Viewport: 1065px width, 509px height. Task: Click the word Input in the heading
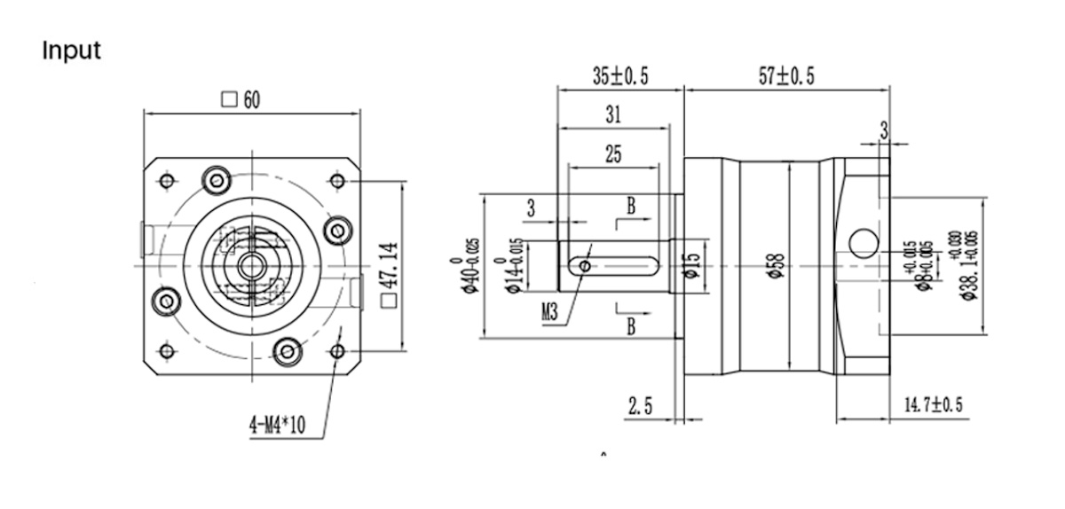[x=72, y=51]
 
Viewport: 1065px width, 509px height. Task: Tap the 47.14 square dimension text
[x=388, y=276]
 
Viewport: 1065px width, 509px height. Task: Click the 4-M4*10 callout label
[x=276, y=426]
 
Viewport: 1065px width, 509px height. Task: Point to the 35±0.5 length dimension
[x=620, y=76]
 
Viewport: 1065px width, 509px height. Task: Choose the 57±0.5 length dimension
[x=786, y=76]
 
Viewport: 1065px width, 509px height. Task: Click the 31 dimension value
[x=613, y=114]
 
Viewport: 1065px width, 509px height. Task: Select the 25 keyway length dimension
[x=613, y=154]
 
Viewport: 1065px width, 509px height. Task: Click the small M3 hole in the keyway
[x=583, y=264]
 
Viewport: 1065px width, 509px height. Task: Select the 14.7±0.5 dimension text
[x=933, y=405]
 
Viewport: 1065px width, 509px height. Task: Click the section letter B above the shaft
[x=631, y=207]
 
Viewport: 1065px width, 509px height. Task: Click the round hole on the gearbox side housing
[x=862, y=241]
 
